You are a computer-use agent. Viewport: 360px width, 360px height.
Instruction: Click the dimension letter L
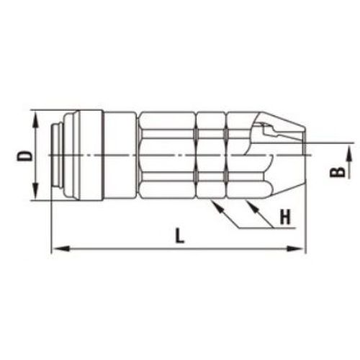tap(179, 235)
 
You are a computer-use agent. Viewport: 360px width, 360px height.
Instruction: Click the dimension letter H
tap(285, 217)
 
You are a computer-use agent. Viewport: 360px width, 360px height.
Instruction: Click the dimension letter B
tap(338, 172)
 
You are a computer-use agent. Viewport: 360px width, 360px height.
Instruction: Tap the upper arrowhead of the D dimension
tap(35, 120)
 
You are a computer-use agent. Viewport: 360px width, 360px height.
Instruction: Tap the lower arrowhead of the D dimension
tap(35, 192)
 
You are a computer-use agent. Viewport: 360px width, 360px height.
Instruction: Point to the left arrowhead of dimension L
tap(60, 249)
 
